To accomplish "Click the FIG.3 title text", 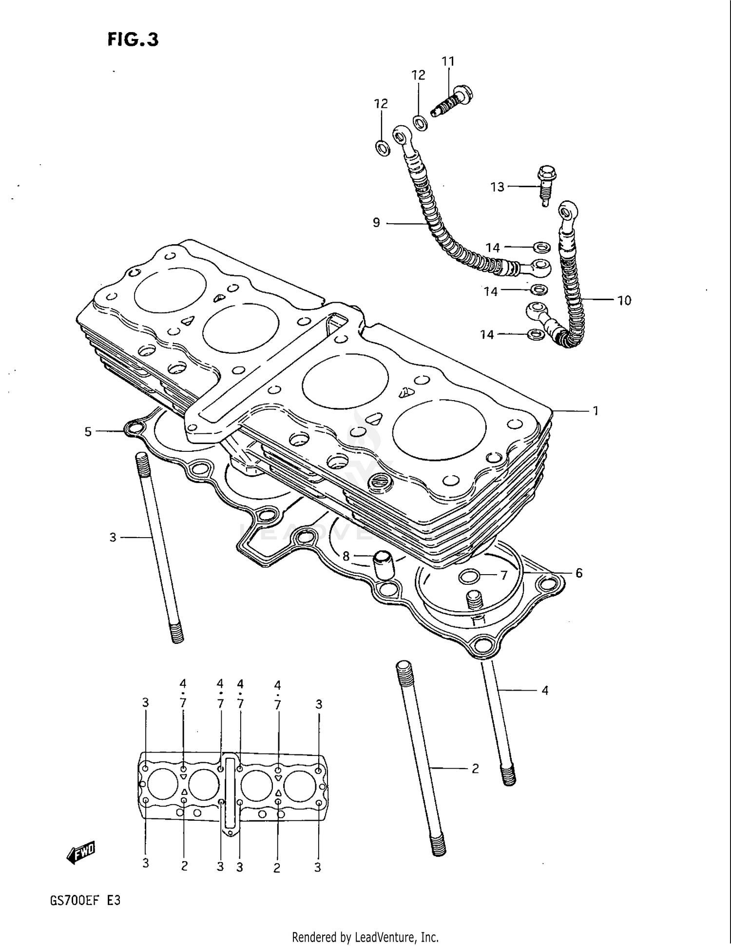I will click(x=133, y=39).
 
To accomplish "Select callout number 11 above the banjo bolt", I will click(x=448, y=61).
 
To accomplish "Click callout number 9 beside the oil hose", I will click(x=376, y=223).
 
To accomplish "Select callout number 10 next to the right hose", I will click(x=624, y=300).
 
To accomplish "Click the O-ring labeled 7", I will click(x=470, y=577).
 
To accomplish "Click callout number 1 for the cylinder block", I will click(x=595, y=411).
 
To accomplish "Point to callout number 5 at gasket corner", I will click(x=88, y=431).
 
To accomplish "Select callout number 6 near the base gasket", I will click(x=578, y=573).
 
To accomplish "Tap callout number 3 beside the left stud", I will click(x=113, y=537).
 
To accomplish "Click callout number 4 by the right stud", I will click(x=545, y=690).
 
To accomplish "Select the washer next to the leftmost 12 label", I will click(x=383, y=147).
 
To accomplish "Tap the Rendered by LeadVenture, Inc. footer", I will click(x=365, y=937).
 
